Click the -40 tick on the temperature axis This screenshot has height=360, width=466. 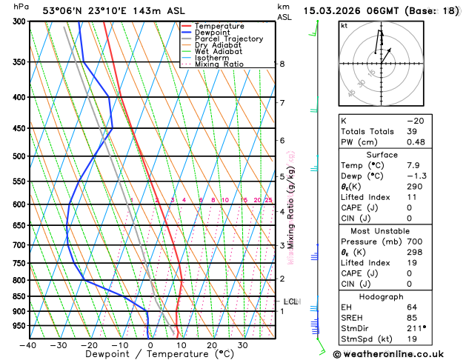click(x=29, y=345)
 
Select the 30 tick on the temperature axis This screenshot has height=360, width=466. click(x=242, y=345)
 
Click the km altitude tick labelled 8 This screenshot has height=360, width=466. click(x=282, y=64)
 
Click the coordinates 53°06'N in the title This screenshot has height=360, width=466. click(x=64, y=11)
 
